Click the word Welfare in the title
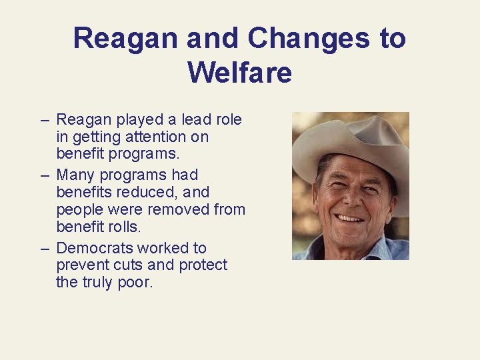(239, 72)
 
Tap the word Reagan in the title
(127, 38)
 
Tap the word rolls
(125, 227)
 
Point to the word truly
(97, 283)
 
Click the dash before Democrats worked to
(45, 248)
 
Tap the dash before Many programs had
(45, 175)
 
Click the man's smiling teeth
(350, 218)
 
